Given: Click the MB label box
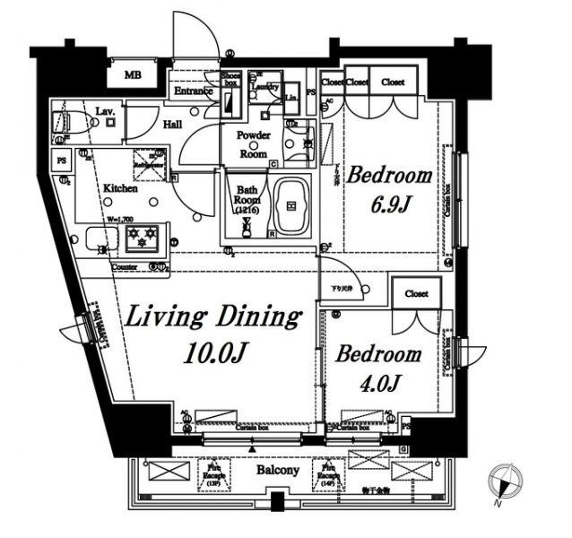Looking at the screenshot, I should tap(133, 75).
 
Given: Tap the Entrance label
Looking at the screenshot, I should tap(192, 91).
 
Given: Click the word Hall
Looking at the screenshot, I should tap(173, 126).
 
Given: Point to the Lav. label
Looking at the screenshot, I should tap(104, 111).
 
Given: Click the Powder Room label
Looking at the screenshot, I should tap(253, 144).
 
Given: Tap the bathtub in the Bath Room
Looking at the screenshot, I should tap(291, 205).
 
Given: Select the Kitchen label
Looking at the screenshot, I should tap(120, 188).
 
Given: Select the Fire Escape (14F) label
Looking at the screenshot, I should tap(325, 473).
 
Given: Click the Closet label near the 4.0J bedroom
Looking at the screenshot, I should tap(416, 294).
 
